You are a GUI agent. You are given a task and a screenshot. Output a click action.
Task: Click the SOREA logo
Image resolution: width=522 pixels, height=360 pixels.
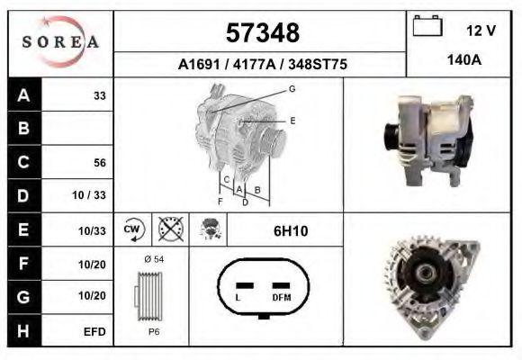pos(60,42)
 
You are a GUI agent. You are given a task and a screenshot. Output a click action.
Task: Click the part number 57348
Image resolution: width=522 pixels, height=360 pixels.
pos(260,33)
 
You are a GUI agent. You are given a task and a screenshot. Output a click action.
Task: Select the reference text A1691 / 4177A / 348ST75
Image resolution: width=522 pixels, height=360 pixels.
pos(260,65)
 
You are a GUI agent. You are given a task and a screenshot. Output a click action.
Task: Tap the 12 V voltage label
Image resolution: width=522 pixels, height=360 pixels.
pos(481,31)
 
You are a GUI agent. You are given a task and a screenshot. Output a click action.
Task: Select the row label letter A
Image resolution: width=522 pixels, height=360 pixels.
pos(24,95)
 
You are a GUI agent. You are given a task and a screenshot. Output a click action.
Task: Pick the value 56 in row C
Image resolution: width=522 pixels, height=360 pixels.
pos(100,163)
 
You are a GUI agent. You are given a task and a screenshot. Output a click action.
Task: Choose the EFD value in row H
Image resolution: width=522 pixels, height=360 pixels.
pos(94,331)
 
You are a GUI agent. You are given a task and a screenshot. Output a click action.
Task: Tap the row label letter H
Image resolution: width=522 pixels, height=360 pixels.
pos(24,331)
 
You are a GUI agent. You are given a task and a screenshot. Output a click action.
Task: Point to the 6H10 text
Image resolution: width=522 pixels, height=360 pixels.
pos(290,231)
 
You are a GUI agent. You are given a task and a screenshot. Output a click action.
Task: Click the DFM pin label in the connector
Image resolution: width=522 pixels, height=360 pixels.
pos(280,296)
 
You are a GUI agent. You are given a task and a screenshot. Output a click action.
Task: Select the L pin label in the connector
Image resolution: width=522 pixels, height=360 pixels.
pos(237,296)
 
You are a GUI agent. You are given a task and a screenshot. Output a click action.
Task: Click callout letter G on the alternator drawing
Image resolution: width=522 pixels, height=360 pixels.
pos(292,89)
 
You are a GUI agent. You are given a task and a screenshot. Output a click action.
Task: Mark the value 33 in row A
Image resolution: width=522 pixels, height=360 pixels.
pos(100,95)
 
